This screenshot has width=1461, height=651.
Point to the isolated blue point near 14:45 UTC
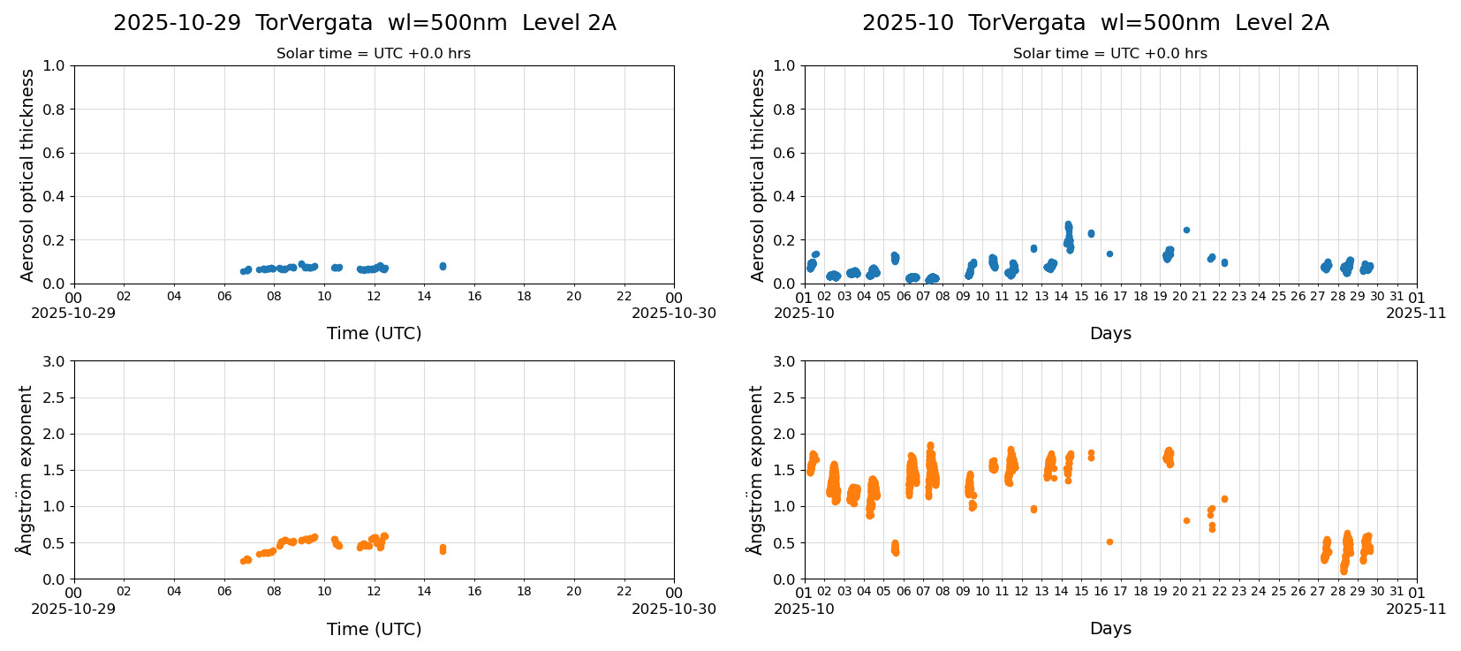[443, 266]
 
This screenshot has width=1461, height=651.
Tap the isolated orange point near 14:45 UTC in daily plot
[443, 549]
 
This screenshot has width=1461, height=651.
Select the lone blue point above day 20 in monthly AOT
[1186, 230]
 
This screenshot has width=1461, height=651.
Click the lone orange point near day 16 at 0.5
[1109, 541]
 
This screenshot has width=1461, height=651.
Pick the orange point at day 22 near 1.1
[1224, 499]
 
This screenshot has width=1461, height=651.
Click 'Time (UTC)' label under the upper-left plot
[374, 333]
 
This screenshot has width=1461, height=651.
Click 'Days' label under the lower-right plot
[1109, 628]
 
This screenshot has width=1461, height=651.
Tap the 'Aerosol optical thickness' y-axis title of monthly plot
[758, 175]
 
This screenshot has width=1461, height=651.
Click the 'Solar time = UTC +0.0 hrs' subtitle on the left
[373, 54]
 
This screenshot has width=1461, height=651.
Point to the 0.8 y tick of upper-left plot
[54, 110]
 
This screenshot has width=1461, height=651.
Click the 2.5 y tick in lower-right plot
[783, 397]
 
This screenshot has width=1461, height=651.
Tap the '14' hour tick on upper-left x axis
[424, 297]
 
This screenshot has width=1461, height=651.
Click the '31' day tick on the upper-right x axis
[1397, 297]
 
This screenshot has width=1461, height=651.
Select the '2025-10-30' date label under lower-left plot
[673, 609]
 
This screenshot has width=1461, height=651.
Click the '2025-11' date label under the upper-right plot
[1416, 313]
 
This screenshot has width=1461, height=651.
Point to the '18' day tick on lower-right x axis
[1140, 592]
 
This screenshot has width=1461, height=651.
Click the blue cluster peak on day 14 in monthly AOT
[1068, 225]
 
